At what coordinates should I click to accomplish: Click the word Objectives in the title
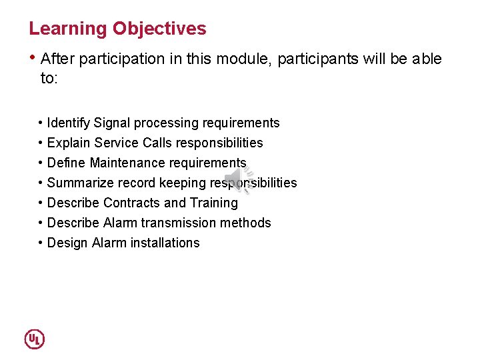pyautogui.click(x=159, y=29)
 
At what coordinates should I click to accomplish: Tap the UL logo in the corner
pyautogui.click(x=35, y=339)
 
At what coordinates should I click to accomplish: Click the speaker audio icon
pyautogui.click(x=238, y=179)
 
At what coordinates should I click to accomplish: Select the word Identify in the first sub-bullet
pyautogui.click(x=69, y=123)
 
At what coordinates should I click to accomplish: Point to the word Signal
pyautogui.click(x=112, y=123)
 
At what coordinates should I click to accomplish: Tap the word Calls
pyautogui.click(x=157, y=143)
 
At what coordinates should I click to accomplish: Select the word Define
pyautogui.click(x=67, y=163)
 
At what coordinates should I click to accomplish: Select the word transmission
pyautogui.click(x=179, y=223)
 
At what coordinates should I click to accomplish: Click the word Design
pyautogui.click(x=67, y=243)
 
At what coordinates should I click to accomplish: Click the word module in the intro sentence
pyautogui.click(x=248, y=59)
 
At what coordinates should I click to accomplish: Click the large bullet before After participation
pyautogui.click(x=33, y=57)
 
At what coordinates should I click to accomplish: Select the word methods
pyautogui.click(x=247, y=223)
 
